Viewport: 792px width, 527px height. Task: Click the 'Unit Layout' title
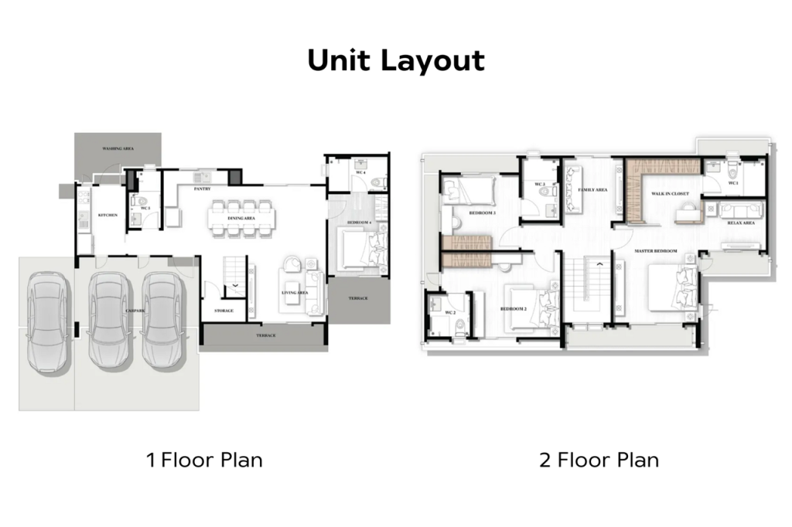click(396, 60)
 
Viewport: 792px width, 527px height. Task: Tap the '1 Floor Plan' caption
click(205, 461)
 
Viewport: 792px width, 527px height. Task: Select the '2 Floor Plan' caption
click(599, 461)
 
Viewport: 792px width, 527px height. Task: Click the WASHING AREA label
click(118, 148)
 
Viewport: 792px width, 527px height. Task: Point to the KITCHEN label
click(107, 215)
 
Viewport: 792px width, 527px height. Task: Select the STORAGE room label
click(224, 311)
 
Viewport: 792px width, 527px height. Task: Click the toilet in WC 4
click(377, 182)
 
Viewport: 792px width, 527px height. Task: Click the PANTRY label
click(203, 188)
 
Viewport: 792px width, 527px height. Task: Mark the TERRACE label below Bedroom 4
click(358, 297)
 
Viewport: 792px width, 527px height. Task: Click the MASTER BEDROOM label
click(656, 251)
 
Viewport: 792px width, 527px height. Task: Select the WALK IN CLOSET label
click(669, 194)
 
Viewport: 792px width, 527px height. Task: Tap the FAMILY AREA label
click(592, 189)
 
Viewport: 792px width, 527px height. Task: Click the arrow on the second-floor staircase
click(598, 264)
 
